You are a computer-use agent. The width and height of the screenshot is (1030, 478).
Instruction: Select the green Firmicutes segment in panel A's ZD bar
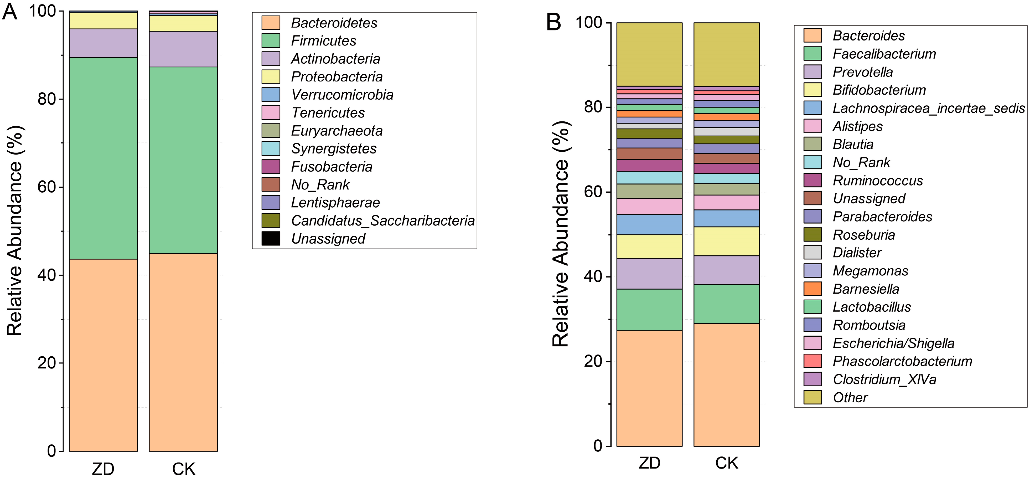(x=103, y=158)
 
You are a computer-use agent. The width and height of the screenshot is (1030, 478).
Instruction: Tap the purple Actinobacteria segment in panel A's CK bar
(x=183, y=49)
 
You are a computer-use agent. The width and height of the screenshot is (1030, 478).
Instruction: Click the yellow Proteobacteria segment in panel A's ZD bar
(x=103, y=21)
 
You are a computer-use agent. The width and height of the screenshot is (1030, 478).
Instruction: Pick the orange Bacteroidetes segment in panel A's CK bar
(x=183, y=352)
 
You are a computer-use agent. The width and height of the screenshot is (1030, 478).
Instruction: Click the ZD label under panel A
(x=103, y=468)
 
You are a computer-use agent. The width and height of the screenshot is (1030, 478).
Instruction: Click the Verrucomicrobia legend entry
(x=342, y=95)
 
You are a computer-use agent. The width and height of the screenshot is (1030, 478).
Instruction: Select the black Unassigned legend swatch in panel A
(x=271, y=238)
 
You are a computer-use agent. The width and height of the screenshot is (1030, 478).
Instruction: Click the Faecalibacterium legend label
(x=884, y=54)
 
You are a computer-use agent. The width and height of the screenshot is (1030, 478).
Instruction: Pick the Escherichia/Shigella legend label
(x=893, y=343)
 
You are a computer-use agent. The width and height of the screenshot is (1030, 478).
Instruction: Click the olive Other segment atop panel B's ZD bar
(x=649, y=54)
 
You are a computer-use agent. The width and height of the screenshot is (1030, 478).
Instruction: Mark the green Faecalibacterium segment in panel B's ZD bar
(x=649, y=310)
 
